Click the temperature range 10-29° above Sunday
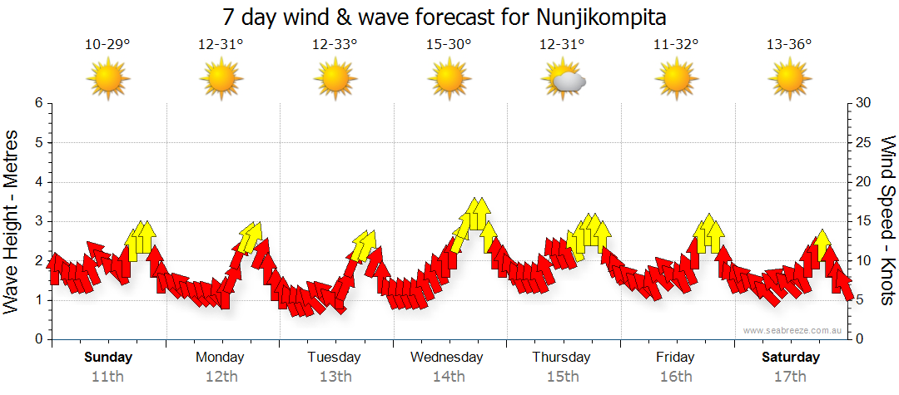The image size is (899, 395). (107, 45)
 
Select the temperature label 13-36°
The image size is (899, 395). (789, 45)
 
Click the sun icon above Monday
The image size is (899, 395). (221, 80)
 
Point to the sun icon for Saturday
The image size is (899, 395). (789, 80)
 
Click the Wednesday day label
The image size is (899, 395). (447, 358)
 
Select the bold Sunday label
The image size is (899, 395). (108, 358)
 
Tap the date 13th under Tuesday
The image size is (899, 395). (335, 376)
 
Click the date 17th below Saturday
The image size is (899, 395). (790, 376)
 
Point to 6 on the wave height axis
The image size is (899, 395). (38, 103)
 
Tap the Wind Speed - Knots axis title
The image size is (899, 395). (887, 221)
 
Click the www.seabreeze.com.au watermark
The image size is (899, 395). (793, 330)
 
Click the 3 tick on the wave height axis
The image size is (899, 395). (38, 221)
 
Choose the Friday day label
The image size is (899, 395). (675, 358)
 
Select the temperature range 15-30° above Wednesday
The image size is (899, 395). (449, 45)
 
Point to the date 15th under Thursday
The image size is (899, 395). (563, 376)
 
